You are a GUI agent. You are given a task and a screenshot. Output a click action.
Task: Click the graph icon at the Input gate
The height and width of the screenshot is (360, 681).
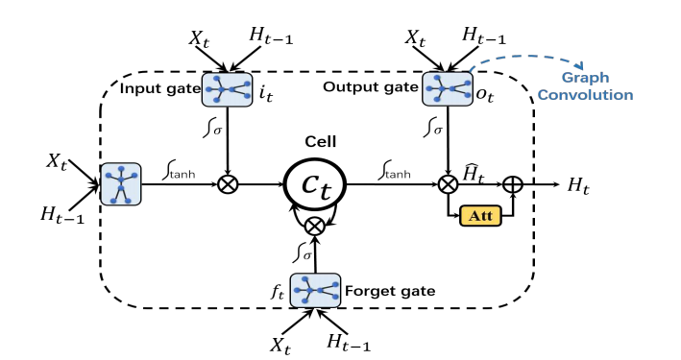pyautogui.click(x=228, y=89)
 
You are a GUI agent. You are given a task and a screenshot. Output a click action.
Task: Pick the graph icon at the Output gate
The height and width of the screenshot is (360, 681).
pyautogui.click(x=445, y=89)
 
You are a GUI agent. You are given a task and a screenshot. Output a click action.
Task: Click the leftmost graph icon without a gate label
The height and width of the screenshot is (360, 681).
pyautogui.click(x=121, y=182)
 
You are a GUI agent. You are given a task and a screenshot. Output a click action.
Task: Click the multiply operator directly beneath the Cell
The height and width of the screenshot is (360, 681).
pyautogui.click(x=313, y=228)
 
